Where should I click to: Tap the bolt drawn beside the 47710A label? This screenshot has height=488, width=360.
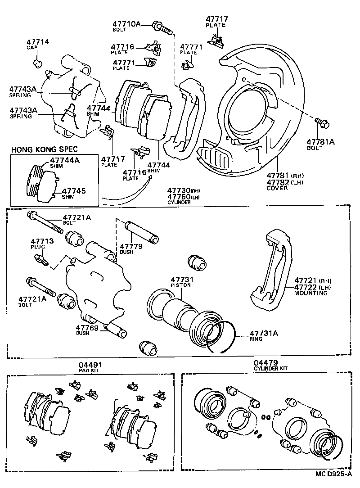pyautogui.click(x=163, y=27)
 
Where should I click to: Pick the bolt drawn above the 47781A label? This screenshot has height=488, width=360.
pyautogui.click(x=322, y=122)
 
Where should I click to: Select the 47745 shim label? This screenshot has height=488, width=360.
pyautogui.click(x=74, y=191)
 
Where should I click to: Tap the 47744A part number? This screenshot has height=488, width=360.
pyautogui.click(x=65, y=160)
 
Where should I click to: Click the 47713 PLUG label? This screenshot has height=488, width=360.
pyautogui.click(x=42, y=242)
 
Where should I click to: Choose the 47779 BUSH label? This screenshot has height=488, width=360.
pyautogui.click(x=131, y=246)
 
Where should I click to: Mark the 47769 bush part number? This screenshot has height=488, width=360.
pyautogui.click(x=87, y=328)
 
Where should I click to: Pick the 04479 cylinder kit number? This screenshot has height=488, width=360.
pyautogui.click(x=265, y=362)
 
